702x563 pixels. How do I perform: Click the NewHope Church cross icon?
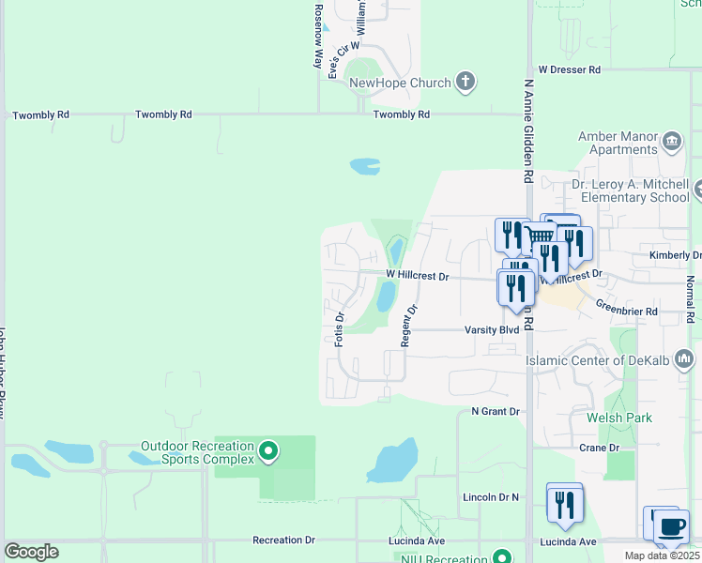(465, 82)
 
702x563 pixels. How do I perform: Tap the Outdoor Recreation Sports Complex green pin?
(268, 451)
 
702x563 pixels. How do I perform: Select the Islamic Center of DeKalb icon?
(684, 358)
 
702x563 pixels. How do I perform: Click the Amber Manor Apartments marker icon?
(672, 142)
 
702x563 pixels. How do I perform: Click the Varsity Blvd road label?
(492, 330)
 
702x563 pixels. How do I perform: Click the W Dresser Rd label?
(569, 70)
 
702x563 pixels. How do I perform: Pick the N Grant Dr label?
(495, 411)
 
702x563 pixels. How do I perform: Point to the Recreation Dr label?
(284, 540)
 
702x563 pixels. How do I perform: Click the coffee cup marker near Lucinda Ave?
(672, 527)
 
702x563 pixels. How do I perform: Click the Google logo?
(31, 552)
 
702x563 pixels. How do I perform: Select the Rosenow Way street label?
(319, 35)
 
